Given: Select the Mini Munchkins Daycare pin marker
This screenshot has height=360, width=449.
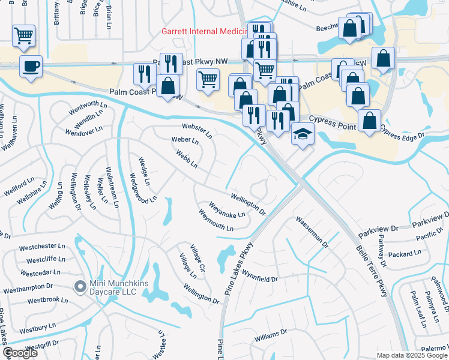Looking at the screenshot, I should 79,287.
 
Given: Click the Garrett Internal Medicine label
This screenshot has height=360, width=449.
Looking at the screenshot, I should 204,31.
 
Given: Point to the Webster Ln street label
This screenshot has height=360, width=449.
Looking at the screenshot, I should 197,130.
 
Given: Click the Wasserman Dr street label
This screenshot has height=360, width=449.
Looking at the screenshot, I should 312,232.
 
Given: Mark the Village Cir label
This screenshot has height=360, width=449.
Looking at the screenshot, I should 198,257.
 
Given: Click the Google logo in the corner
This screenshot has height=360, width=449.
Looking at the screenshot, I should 20,353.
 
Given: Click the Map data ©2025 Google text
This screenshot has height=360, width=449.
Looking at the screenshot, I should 412,355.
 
